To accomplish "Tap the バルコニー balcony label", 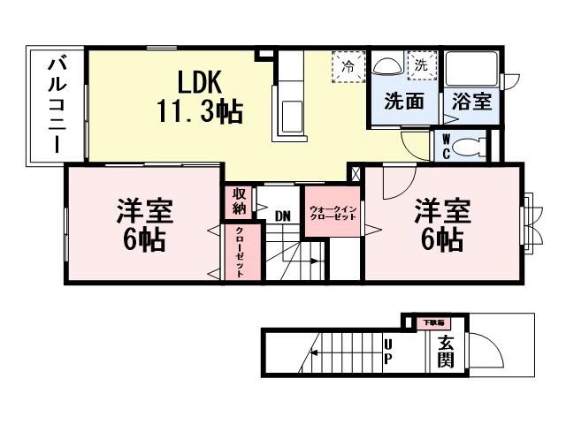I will (x=56, y=106).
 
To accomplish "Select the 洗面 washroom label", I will (x=402, y=102).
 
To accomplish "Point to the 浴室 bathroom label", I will (x=466, y=102).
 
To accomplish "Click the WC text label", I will (x=446, y=147).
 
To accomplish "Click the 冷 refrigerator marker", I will (x=348, y=66).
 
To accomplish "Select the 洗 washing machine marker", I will (x=421, y=64).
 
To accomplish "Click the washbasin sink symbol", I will (x=387, y=67).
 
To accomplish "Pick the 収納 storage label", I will (x=239, y=201).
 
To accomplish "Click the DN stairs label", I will (x=282, y=216).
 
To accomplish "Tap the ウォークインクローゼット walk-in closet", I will (x=333, y=213).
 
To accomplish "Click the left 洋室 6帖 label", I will (x=142, y=224).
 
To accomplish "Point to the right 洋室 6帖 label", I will (x=440, y=224).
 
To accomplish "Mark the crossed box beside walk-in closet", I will (x=356, y=174).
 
